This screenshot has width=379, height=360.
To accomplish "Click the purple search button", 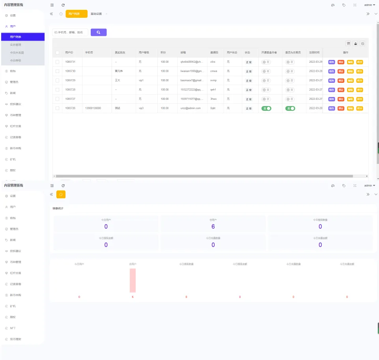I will point(99,32).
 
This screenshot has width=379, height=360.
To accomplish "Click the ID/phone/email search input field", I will point(70,32).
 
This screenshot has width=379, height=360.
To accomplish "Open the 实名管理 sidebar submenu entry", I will point(16,45).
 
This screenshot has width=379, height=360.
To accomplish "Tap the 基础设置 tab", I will point(96,14).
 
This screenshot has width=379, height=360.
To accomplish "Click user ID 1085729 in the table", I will point(70,80).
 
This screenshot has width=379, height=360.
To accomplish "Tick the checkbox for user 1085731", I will point(57,62).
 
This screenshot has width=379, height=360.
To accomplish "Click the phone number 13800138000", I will point(93,108).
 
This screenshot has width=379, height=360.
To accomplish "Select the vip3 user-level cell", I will point(141,108).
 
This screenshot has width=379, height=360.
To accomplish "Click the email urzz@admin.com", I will point(190,108).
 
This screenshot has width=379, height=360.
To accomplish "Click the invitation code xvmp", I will point(213,80).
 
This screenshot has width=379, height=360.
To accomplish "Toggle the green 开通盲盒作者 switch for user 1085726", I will point(266,108).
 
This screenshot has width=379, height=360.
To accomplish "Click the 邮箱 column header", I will point(183,52).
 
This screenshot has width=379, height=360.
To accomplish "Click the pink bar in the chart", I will point(133,280).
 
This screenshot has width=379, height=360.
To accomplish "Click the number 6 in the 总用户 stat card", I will point(213,226).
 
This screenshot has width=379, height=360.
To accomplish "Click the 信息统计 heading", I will point(58,208).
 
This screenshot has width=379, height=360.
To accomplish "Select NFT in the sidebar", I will point(13,328).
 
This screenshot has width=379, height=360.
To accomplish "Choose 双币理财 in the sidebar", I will point(15,339).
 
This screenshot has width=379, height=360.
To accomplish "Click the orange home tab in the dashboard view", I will point(61,194).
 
